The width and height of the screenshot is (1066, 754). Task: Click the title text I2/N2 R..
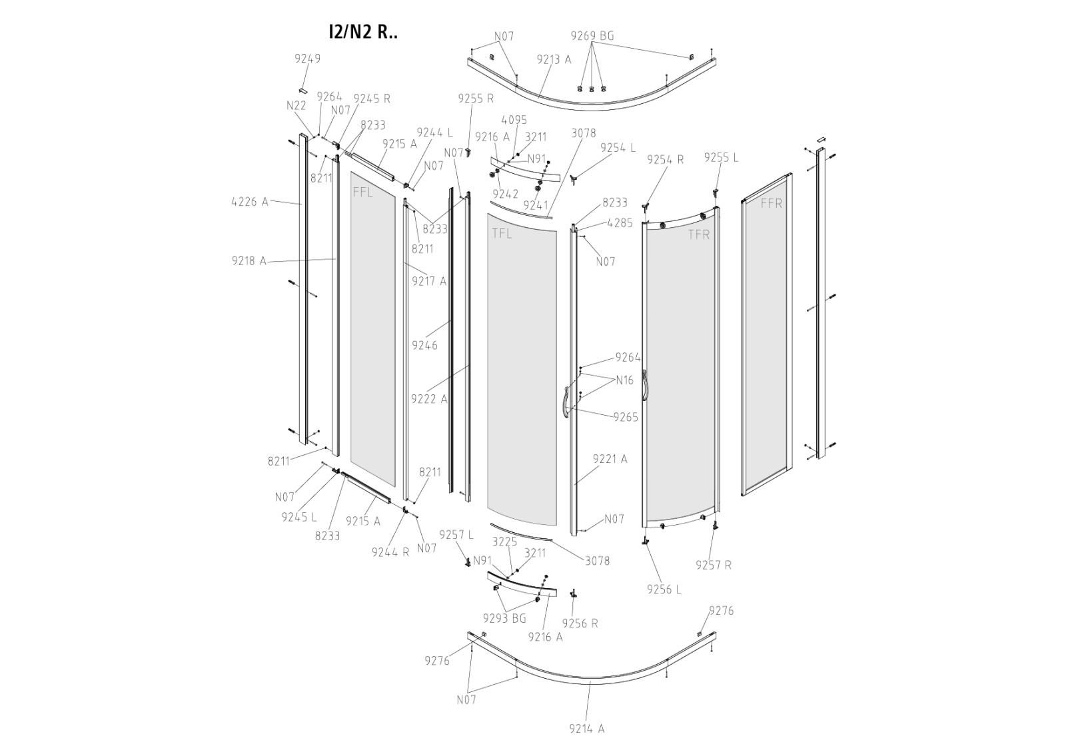[x=363, y=32]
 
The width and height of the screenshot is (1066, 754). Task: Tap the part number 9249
[x=307, y=59]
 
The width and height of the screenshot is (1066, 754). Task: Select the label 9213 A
[x=554, y=59]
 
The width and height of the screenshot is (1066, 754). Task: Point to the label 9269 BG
[x=592, y=36]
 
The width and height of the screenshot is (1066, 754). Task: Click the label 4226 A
[x=250, y=201]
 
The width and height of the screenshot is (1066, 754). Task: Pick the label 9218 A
[x=249, y=261]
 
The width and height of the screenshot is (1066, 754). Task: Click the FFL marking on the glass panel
[x=363, y=193]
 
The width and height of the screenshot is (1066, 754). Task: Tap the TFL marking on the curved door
[x=502, y=234]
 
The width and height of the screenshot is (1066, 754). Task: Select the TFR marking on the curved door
[x=699, y=234]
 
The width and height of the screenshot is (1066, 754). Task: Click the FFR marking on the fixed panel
[x=771, y=204]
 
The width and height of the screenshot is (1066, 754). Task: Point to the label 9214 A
[x=586, y=729]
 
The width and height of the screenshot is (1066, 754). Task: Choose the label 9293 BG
[x=504, y=619]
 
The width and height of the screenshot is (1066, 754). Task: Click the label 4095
[x=514, y=120]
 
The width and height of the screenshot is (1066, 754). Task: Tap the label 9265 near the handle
[x=626, y=418]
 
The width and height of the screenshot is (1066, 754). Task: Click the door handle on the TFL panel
[x=565, y=402]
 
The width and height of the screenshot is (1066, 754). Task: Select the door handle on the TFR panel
[x=644, y=386]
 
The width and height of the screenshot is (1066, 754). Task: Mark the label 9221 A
[x=610, y=459]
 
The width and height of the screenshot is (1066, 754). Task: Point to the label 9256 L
[x=664, y=589]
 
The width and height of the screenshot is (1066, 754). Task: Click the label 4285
[x=620, y=223]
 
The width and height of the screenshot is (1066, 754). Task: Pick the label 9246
[x=424, y=345]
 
